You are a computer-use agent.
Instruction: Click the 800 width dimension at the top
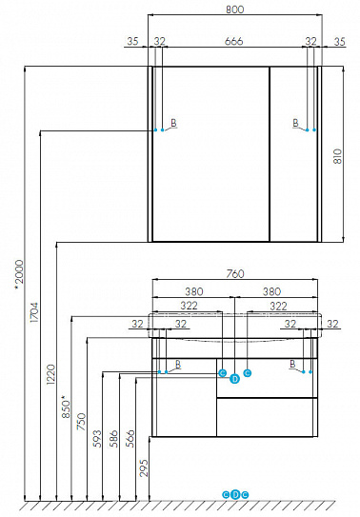coord(234,10)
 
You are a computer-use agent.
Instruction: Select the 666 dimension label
coord(233,41)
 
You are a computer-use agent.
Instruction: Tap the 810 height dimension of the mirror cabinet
coord(338,156)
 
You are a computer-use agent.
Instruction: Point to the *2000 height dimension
coord(19,274)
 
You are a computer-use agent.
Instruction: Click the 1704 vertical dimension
coord(34,312)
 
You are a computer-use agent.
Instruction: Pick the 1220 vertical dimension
coord(50,374)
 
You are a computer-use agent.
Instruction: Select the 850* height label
coord(67,407)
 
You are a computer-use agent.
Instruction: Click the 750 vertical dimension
coord(81,422)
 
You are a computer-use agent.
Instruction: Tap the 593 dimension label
coord(97,439)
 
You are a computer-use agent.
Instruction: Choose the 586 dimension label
coord(114,439)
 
